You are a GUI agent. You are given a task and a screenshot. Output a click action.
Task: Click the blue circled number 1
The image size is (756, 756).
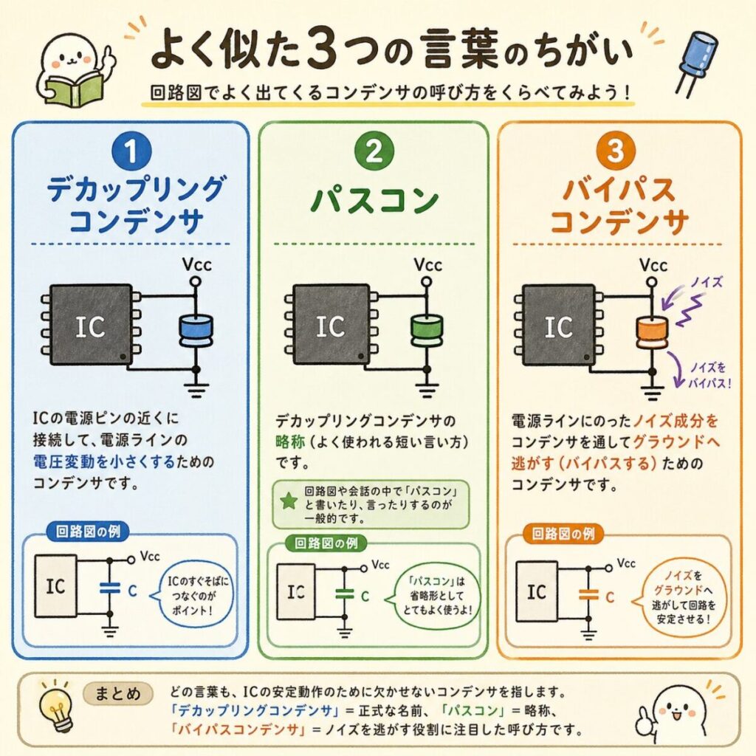coord(131,151)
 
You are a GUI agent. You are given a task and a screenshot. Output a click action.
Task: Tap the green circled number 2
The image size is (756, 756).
coord(374,151)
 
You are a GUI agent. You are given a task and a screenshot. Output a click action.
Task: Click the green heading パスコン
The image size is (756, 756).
coord(374,199)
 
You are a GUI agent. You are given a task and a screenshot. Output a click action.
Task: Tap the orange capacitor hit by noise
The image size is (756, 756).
coord(653,332)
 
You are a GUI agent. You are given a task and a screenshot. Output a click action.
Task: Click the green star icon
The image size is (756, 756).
coord(289,501)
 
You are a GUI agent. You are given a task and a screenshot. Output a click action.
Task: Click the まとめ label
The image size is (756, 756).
coord(117,694)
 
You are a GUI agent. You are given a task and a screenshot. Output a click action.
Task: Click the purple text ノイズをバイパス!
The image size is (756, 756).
coord(709,376)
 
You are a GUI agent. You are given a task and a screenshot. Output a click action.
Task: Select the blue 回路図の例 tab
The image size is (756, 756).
coord(88,532)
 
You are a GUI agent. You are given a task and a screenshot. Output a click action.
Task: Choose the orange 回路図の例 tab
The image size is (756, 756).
coord(563,534)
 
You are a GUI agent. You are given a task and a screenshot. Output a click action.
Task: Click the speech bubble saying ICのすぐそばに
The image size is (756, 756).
coord(193,595)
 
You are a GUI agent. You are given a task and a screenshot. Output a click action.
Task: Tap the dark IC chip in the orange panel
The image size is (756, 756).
coord(558,325)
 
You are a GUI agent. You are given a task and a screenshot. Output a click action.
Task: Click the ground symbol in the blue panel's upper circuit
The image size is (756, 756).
coord(196,389)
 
